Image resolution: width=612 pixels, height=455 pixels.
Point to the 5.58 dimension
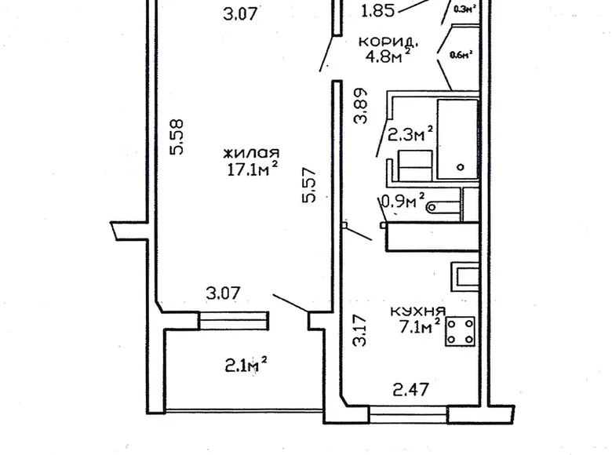[177, 136]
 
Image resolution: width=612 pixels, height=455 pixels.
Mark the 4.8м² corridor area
[389, 57]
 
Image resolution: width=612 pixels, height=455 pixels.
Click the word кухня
[418, 311]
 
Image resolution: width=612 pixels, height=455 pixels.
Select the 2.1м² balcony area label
[246, 364]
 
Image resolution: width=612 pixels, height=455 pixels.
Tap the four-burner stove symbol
[462, 331]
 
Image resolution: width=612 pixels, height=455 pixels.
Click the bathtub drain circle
[461, 166]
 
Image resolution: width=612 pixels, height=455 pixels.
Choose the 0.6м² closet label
[461, 55]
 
